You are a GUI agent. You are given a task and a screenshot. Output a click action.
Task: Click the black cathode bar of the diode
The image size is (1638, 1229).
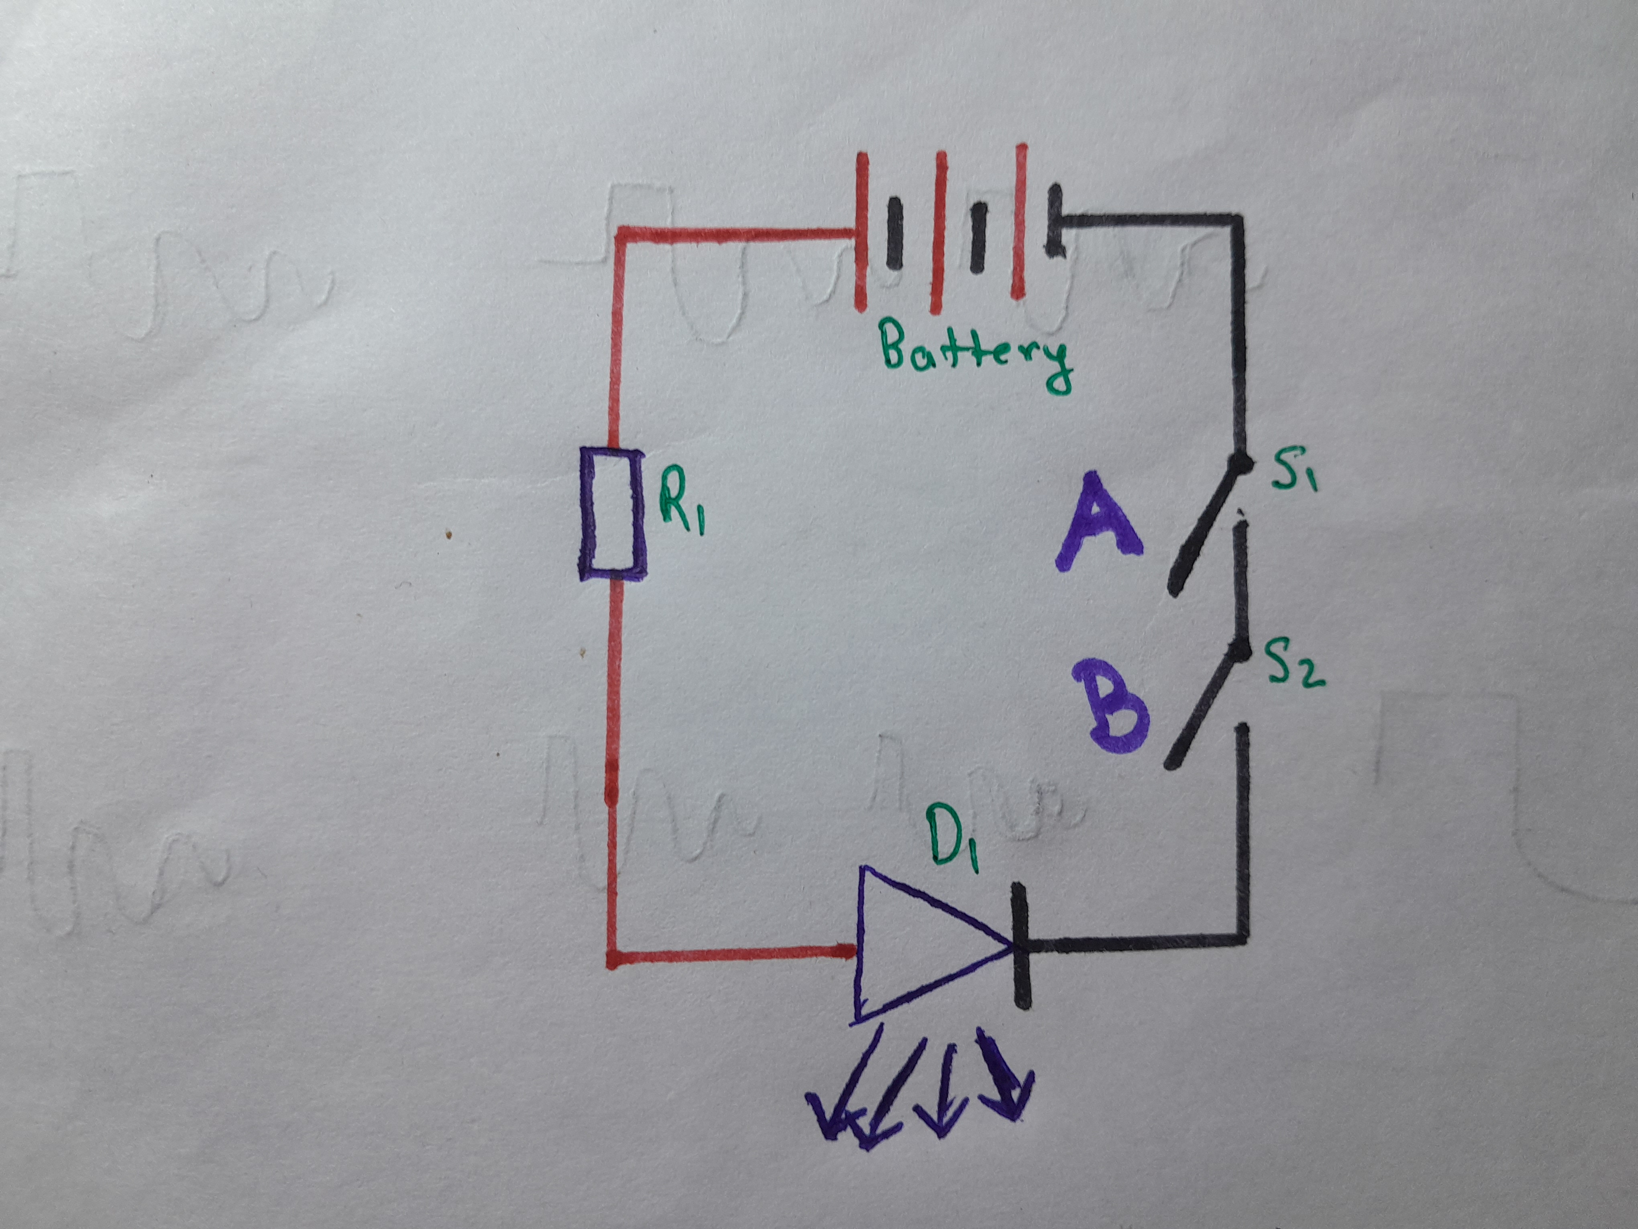[1021, 945]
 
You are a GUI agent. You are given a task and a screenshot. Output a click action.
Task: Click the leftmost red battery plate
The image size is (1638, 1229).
[861, 231]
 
